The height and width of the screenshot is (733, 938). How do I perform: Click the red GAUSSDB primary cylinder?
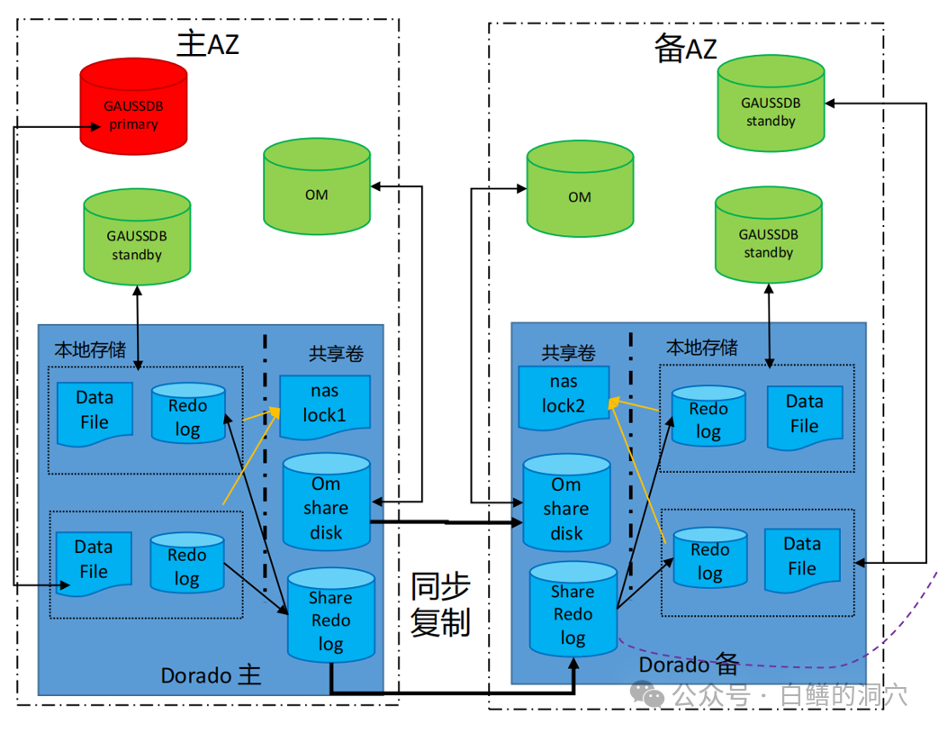coord(133,106)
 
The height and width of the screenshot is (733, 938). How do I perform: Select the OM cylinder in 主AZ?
coord(317,186)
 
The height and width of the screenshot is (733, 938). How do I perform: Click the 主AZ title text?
coord(208,44)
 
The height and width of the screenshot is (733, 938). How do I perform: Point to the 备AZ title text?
coord(685,49)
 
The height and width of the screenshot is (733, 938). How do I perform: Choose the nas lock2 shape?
coord(564,396)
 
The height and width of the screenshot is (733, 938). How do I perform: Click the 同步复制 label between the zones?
coord(440,604)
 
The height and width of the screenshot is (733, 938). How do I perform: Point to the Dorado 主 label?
coord(211,674)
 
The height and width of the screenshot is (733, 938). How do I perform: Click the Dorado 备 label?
coord(689,665)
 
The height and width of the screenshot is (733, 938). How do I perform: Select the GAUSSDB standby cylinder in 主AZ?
coord(137,238)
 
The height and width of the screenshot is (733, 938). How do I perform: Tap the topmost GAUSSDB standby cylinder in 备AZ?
coord(771,104)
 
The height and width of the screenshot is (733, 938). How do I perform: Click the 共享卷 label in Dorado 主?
coord(336,354)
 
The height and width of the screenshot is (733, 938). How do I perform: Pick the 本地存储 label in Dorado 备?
coord(701,348)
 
